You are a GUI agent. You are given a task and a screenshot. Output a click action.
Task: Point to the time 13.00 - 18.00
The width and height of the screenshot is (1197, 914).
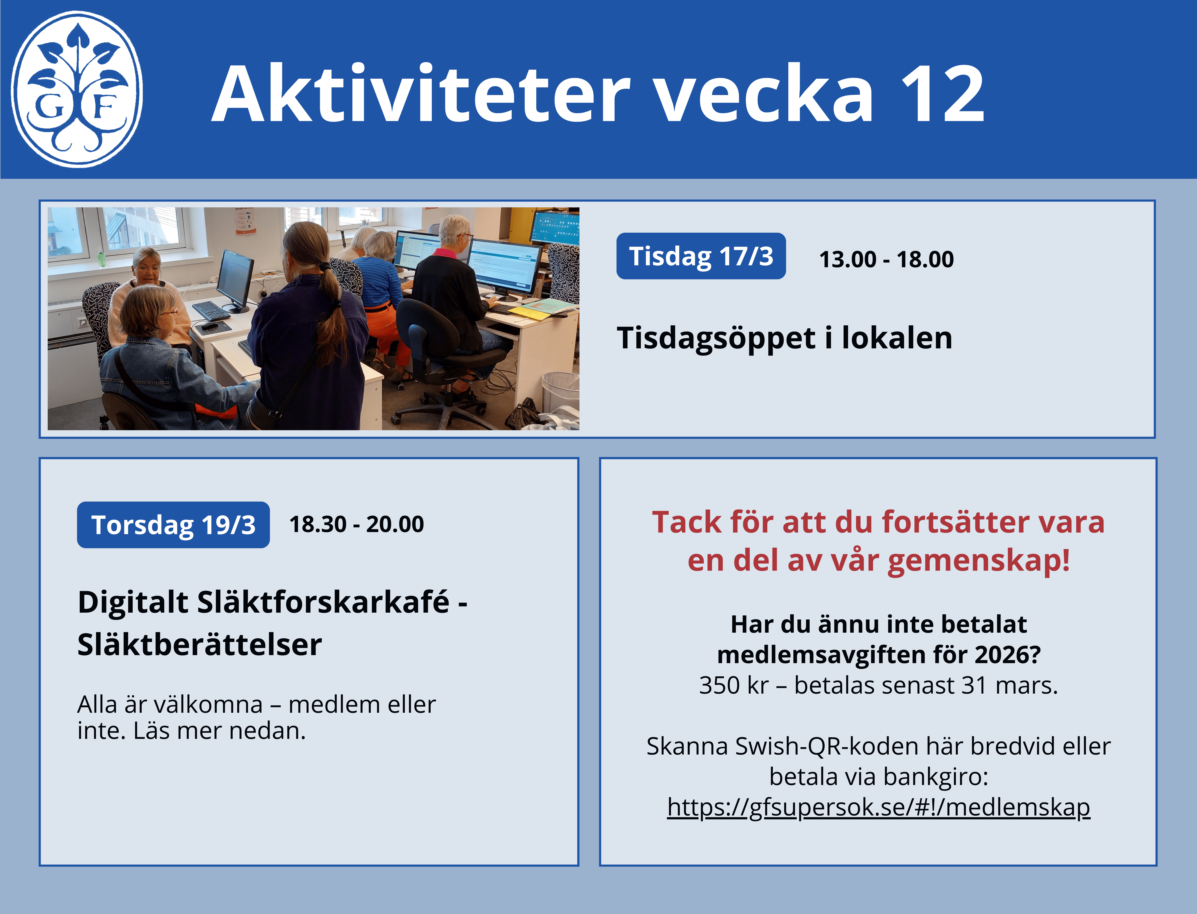[x=886, y=259]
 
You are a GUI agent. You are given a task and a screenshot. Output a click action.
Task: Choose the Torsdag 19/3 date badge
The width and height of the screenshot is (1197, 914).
[x=173, y=524]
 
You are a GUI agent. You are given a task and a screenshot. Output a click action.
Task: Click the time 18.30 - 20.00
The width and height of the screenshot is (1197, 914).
[x=356, y=524]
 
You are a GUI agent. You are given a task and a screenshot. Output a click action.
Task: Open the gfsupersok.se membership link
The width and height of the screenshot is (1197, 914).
[x=879, y=807]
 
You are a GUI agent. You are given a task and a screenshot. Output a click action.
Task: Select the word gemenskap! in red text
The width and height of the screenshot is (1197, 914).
[x=979, y=561]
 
